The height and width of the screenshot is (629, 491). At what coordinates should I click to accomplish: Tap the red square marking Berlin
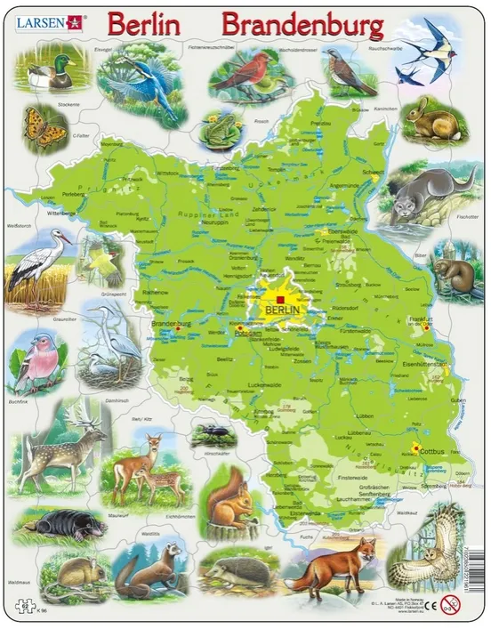click(278, 299)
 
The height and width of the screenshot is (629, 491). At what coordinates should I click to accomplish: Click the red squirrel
click(230, 504)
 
